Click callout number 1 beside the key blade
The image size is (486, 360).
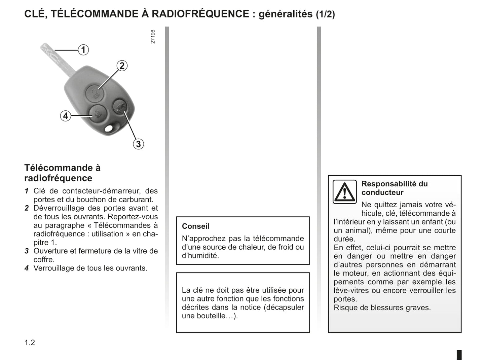[x=83, y=50]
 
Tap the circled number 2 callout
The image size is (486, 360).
[x=122, y=66]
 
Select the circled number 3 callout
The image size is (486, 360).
[x=138, y=144]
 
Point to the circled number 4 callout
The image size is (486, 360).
[x=66, y=116]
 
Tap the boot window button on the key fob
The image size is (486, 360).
[x=119, y=107]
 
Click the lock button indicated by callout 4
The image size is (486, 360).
[x=97, y=113]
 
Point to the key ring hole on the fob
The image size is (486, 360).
[x=109, y=129]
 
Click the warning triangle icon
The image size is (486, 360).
[x=344, y=192]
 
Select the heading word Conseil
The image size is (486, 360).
[x=196, y=226]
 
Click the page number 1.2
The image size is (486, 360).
[x=30, y=343]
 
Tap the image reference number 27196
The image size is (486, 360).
[x=153, y=37]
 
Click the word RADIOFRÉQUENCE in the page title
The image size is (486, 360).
[x=200, y=14]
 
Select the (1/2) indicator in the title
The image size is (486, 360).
[x=325, y=14]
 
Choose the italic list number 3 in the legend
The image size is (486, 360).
[x=27, y=251]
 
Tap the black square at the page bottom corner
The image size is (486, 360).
[x=459, y=355]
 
